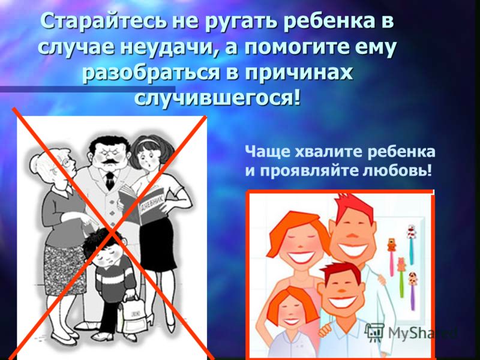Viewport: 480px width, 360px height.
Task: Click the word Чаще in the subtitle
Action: [x=268, y=152]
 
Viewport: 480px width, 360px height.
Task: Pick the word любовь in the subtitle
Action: [x=397, y=170]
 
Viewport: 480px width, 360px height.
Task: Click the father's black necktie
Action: [x=110, y=181]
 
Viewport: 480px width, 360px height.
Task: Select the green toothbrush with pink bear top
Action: [x=401, y=277]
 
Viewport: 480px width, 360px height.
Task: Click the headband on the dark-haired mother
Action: [x=147, y=142]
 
